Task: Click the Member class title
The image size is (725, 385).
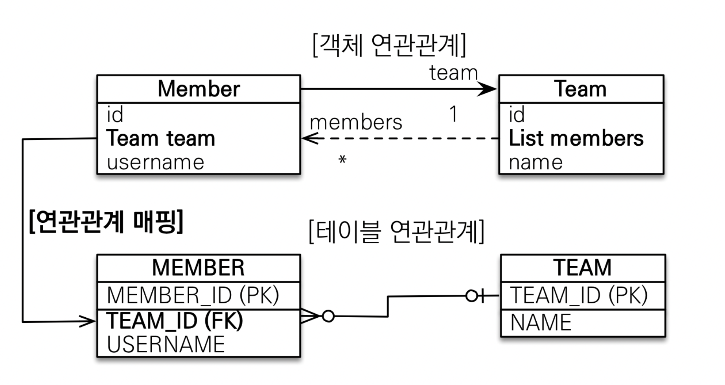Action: (x=199, y=89)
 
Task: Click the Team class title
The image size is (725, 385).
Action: (x=580, y=89)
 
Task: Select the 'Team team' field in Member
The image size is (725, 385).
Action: (x=161, y=138)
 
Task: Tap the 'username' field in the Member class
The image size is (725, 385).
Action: (x=155, y=162)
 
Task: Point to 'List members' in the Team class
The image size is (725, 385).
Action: (x=576, y=138)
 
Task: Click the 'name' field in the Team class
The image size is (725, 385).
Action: (x=535, y=162)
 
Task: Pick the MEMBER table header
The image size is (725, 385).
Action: (x=198, y=268)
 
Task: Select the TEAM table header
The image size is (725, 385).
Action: (x=582, y=268)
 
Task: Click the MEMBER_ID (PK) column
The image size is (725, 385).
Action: (x=193, y=295)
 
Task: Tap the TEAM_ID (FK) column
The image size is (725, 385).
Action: (x=175, y=320)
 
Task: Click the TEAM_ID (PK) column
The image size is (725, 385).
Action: (x=579, y=295)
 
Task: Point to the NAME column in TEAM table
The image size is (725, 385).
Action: (x=541, y=322)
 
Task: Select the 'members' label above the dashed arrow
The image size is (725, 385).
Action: (x=356, y=122)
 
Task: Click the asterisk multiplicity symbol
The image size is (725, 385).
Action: (x=342, y=159)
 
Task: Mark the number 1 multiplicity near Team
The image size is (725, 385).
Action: (x=454, y=114)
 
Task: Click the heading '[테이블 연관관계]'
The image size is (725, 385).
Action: (x=396, y=231)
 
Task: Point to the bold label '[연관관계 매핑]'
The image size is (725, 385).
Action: (x=106, y=222)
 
